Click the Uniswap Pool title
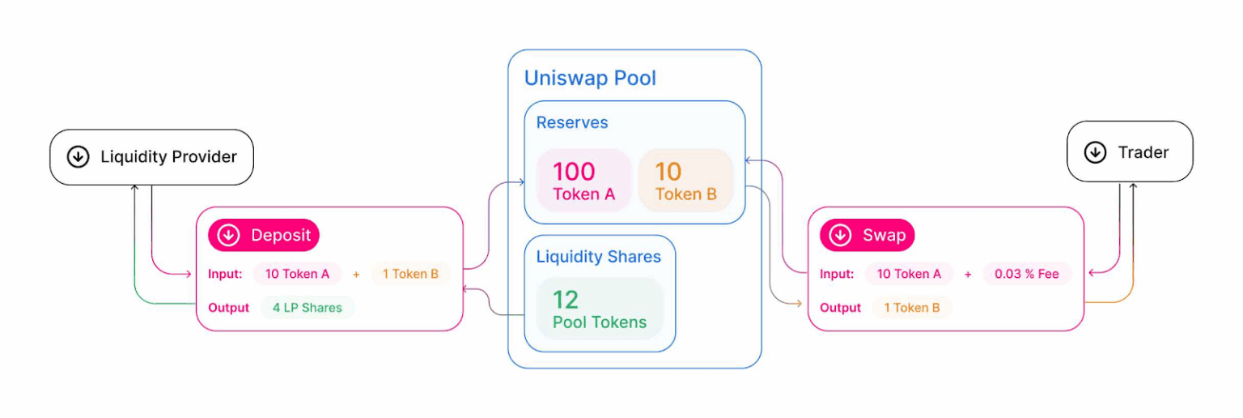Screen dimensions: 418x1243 tap(590, 79)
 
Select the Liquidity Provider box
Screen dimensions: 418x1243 tap(152, 157)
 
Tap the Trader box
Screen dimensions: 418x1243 tap(1130, 152)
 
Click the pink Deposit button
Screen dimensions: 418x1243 tap(264, 236)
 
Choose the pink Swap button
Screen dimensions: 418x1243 tap(868, 236)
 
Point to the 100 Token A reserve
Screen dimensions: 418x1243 tap(584, 181)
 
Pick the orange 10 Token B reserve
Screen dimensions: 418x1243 tap(685, 181)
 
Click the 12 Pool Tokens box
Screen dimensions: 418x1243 tap(600, 309)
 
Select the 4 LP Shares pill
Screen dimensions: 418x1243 tap(308, 308)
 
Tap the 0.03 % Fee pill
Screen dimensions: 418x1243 tap(1027, 274)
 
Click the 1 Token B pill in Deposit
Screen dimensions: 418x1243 tap(410, 274)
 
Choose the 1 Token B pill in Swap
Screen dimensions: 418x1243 tap(912, 308)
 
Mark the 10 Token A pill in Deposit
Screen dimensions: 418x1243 tap(297, 274)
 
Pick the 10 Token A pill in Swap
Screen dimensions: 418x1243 tap(909, 274)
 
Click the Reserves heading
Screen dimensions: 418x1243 tap(572, 123)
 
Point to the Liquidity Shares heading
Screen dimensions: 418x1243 tap(598, 257)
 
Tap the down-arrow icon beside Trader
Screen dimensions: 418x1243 tap(1095, 152)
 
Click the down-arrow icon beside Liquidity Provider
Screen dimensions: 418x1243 tap(78, 157)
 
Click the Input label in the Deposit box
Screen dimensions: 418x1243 tap(225, 274)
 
